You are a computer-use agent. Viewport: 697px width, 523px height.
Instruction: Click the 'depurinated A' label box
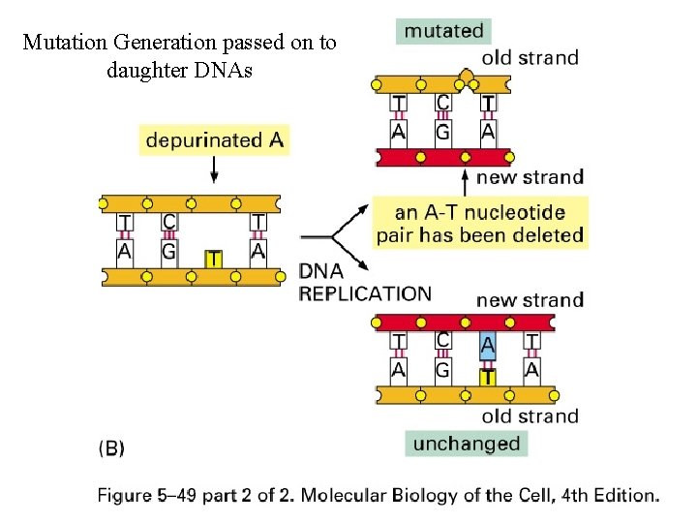[x=214, y=140]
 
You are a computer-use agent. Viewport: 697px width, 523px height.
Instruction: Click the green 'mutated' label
[x=443, y=31]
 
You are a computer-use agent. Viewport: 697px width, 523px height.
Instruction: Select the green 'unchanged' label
[x=467, y=444]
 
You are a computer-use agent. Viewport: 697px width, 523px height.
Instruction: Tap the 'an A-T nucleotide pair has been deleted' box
[x=479, y=223]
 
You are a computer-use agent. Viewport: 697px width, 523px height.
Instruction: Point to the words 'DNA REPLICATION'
[x=365, y=283]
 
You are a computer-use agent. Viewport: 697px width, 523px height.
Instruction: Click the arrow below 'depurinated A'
[x=214, y=170]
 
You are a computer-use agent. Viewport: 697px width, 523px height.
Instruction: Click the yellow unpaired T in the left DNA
[x=214, y=259]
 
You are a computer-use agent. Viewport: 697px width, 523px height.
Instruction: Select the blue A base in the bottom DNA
[x=487, y=345]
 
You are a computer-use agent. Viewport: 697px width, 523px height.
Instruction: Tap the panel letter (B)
[x=111, y=448]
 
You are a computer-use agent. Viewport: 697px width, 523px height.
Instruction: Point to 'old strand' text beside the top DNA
[x=530, y=58]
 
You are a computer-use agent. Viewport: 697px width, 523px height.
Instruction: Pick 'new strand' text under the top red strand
[x=530, y=177]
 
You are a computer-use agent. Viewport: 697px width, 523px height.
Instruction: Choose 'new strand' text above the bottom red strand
[x=530, y=300]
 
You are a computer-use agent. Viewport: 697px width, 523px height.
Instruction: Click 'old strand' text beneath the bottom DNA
[x=530, y=416]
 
